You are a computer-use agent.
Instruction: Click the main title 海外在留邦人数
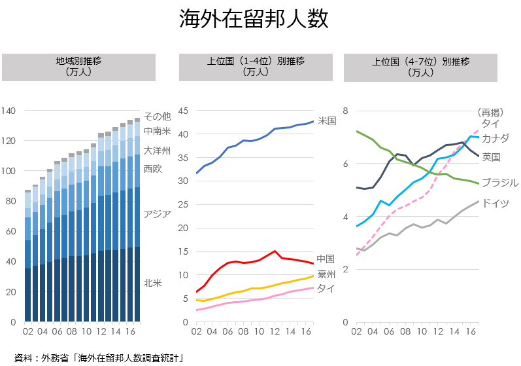coord(254,19)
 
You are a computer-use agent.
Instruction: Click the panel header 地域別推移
coord(78,67)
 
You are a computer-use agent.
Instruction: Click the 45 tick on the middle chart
coord(184,111)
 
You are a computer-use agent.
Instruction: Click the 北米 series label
coord(152,283)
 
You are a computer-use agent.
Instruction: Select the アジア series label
coord(157,214)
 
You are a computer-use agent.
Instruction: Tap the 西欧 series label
coord(152,168)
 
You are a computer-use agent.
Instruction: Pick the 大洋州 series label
coord(157,151)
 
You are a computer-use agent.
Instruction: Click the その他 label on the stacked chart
coord(157,116)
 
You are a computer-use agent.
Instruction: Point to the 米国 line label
coord(327,120)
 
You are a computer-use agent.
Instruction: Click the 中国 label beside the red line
coord(326,259)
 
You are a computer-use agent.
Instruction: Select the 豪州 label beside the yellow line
coord(326,274)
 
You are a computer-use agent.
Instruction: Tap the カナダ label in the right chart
coord(495,138)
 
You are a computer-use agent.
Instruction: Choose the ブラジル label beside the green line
coord(499,182)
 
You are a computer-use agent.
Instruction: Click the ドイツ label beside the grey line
coord(495,203)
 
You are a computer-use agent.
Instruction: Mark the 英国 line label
coord(491,157)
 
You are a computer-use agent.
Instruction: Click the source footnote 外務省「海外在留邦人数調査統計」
coord(98,357)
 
